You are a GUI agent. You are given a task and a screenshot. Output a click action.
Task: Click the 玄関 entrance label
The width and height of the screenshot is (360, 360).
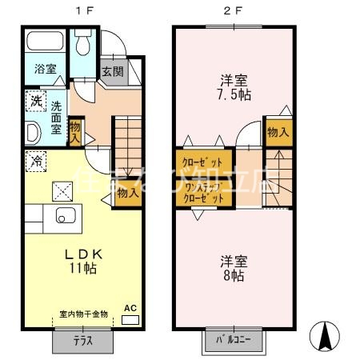click(x=113, y=71)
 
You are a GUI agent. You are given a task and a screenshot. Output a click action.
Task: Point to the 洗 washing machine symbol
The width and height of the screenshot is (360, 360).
click(x=34, y=101)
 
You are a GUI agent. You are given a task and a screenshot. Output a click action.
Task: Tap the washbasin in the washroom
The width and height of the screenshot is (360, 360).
click(x=33, y=133)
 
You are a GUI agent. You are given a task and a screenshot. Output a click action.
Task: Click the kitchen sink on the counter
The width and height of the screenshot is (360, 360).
click(x=64, y=216)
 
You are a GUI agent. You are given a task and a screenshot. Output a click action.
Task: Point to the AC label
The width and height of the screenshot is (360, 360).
click(x=130, y=308)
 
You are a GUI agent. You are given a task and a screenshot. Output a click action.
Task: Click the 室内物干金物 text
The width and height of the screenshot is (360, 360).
click(x=83, y=314)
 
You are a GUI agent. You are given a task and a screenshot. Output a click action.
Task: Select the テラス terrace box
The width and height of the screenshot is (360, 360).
click(x=83, y=339)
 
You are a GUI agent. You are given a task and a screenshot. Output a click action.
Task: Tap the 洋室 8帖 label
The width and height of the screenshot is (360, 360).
click(x=232, y=268)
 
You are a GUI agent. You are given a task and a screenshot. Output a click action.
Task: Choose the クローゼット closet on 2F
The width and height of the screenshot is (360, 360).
click(x=196, y=161)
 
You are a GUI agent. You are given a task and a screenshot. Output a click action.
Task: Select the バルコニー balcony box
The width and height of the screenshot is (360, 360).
click(x=232, y=339)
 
